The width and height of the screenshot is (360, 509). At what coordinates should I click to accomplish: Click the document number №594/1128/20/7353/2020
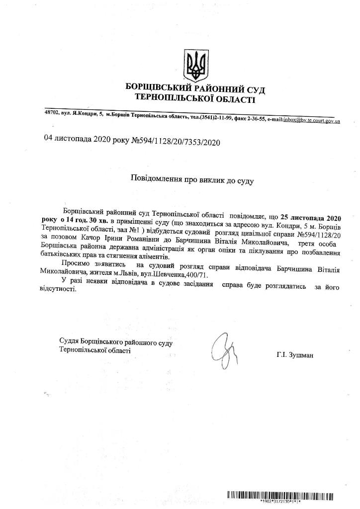click(175, 142)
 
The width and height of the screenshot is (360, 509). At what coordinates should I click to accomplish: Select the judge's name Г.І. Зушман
click(296, 355)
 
